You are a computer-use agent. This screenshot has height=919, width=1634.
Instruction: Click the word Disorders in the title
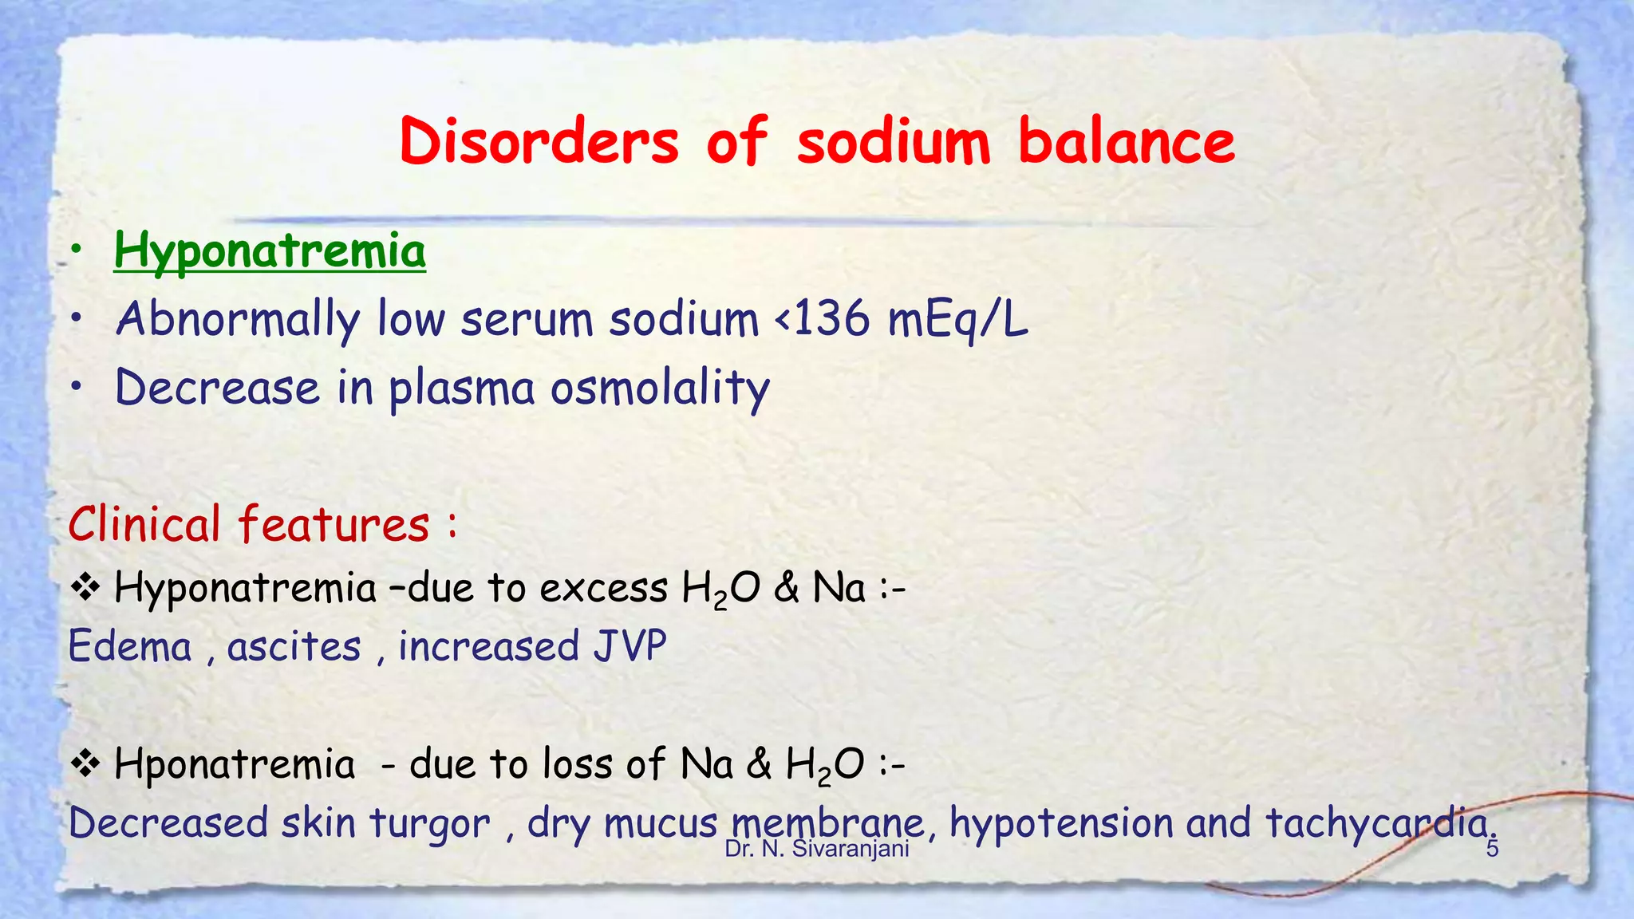539,141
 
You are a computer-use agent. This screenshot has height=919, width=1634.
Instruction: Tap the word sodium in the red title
894,141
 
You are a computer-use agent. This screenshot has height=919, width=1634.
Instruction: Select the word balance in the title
1127,141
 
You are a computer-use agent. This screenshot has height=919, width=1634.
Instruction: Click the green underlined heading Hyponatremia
270,251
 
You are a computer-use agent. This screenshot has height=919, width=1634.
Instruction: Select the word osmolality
660,389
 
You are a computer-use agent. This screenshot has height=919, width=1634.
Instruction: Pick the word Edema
130,646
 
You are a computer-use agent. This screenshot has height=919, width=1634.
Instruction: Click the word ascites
294,646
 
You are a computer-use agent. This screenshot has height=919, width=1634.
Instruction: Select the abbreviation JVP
630,646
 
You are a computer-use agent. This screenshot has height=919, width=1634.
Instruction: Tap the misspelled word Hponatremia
235,764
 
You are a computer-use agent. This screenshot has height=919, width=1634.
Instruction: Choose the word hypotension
1060,823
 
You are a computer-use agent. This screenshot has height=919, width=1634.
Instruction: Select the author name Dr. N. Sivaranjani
817,849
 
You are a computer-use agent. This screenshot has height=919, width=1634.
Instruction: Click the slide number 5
1492,849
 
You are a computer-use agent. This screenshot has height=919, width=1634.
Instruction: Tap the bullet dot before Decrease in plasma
76,388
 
